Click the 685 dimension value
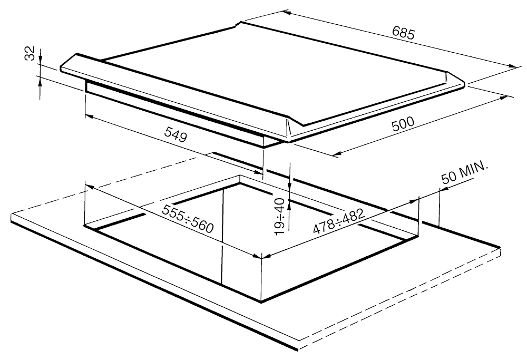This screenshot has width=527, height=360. pyautogui.click(x=403, y=33)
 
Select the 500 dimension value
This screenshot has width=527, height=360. pyautogui.click(x=403, y=124)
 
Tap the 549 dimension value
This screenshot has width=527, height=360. pyautogui.click(x=175, y=135)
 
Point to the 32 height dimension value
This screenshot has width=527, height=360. pyautogui.click(x=30, y=53)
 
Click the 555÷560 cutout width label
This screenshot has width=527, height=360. pyautogui.click(x=188, y=219)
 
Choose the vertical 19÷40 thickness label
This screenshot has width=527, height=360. pyautogui.click(x=279, y=216)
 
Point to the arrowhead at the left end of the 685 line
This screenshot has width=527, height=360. pyautogui.click(x=286, y=13)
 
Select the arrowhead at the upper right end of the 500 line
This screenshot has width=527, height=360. pyautogui.click(x=503, y=98)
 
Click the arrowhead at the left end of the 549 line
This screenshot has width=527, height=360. pyautogui.click(x=89, y=116)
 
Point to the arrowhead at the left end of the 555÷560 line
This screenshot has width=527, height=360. pyautogui.click(x=89, y=187)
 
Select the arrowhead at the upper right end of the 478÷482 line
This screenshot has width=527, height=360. pyautogui.click(x=414, y=201)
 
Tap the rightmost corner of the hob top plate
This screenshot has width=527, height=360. pyautogui.click(x=465, y=83)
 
